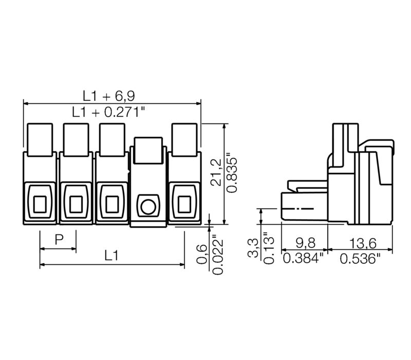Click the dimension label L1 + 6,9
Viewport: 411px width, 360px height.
coord(109,96)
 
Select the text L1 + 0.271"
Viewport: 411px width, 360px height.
coord(108,112)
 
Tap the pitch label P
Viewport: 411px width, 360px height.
coord(59,239)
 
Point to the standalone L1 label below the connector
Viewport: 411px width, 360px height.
coord(111,256)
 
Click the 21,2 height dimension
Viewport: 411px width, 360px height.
coord(217,172)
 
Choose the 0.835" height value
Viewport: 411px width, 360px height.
coord(232,175)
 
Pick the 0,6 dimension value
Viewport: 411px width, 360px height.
coord(202,254)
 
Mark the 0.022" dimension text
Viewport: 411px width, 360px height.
coord(217,257)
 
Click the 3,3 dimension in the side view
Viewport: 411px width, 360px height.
coord(253,248)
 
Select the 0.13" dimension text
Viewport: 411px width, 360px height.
coord(269,248)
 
